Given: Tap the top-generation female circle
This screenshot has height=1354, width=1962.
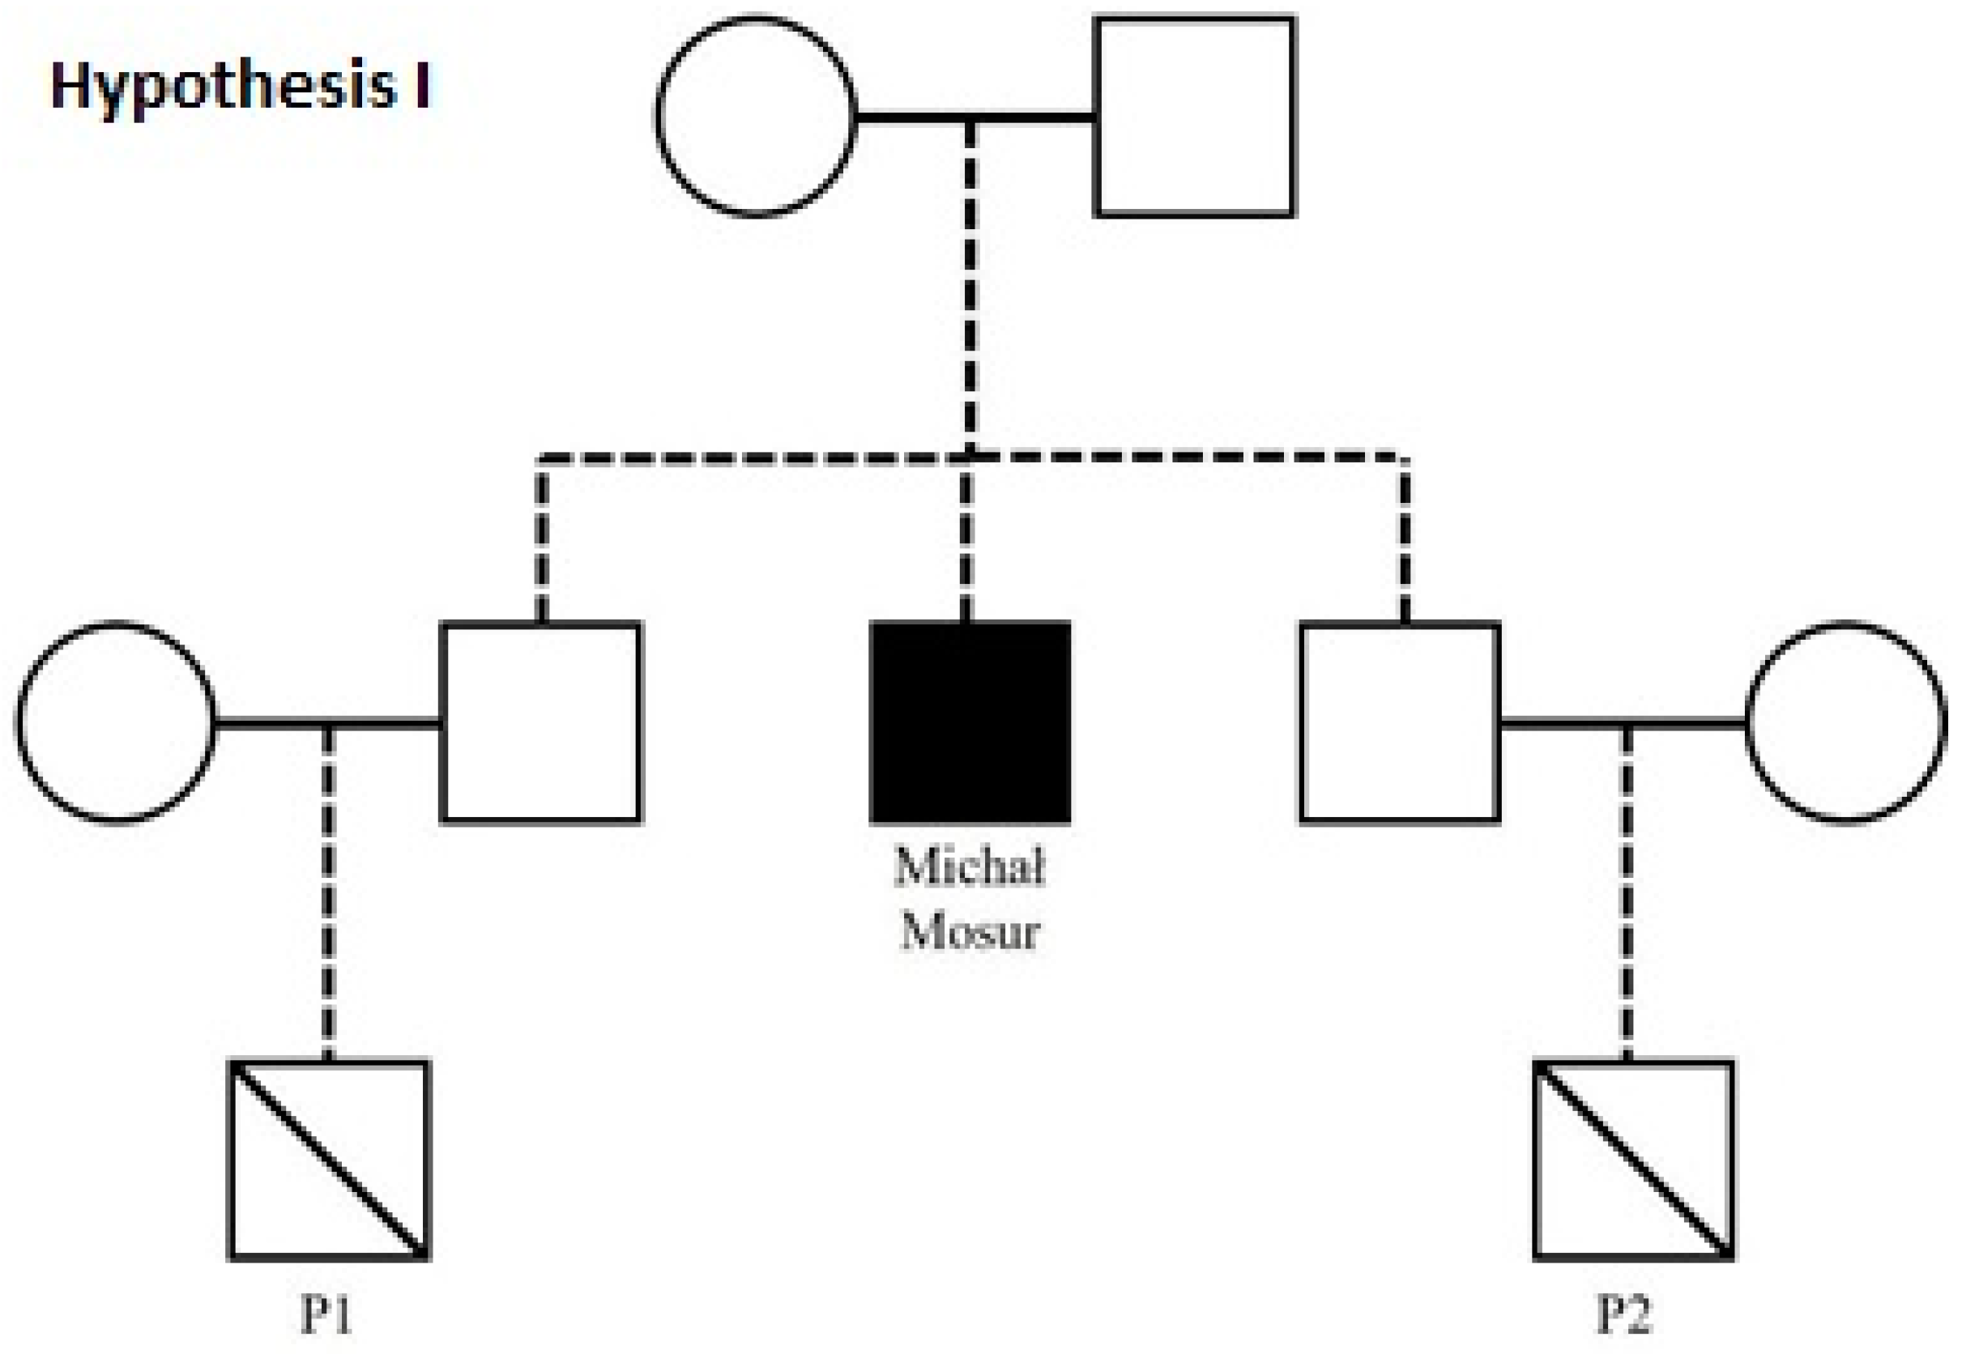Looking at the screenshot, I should (755, 117).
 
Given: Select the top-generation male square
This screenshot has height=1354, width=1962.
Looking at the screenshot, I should (1195, 117).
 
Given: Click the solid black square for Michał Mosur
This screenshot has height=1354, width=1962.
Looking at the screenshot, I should (969, 723).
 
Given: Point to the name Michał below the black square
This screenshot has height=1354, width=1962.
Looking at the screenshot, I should (969, 867).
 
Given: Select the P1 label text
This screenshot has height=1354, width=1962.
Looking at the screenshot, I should (326, 1314).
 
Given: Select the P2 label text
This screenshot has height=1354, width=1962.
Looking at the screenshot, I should (1624, 1314).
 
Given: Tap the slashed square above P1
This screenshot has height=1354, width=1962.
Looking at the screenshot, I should (329, 1160).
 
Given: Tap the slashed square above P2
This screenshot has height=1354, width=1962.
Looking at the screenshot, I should (1634, 1160).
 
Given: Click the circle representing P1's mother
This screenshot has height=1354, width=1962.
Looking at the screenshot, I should (117, 723).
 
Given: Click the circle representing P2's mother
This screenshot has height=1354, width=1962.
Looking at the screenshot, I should (1845, 723).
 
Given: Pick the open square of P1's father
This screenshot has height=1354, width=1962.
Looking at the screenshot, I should (540, 723).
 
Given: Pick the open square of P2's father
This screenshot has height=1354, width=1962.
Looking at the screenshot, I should (1401, 723).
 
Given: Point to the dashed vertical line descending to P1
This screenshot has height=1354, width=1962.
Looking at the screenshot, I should (328, 891).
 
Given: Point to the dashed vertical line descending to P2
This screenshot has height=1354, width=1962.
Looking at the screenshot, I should (1626, 891).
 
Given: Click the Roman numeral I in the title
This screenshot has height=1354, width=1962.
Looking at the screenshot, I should (421, 87).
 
